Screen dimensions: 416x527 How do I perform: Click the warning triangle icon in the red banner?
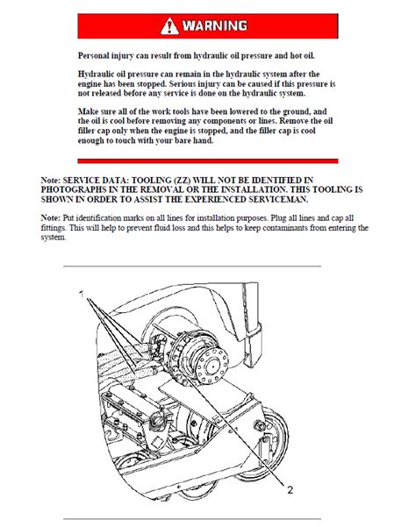tap(169, 26)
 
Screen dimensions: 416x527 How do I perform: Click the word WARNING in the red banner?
tap(215, 26)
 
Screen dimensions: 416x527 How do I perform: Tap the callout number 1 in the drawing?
tap(81, 295)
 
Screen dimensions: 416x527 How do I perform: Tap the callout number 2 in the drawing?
tap(290, 489)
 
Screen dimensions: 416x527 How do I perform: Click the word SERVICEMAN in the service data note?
tap(278, 199)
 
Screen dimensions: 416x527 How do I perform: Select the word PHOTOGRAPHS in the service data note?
tap(74, 190)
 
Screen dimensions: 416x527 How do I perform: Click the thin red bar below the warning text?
tap(208, 161)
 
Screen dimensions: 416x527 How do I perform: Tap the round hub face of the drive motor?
tap(212, 366)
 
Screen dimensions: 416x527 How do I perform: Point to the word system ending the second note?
tap(54, 238)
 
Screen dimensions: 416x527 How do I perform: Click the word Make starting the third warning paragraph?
tap(87, 111)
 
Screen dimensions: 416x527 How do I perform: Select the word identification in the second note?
tap(98, 218)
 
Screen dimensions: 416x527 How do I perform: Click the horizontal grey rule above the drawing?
tap(192, 267)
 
